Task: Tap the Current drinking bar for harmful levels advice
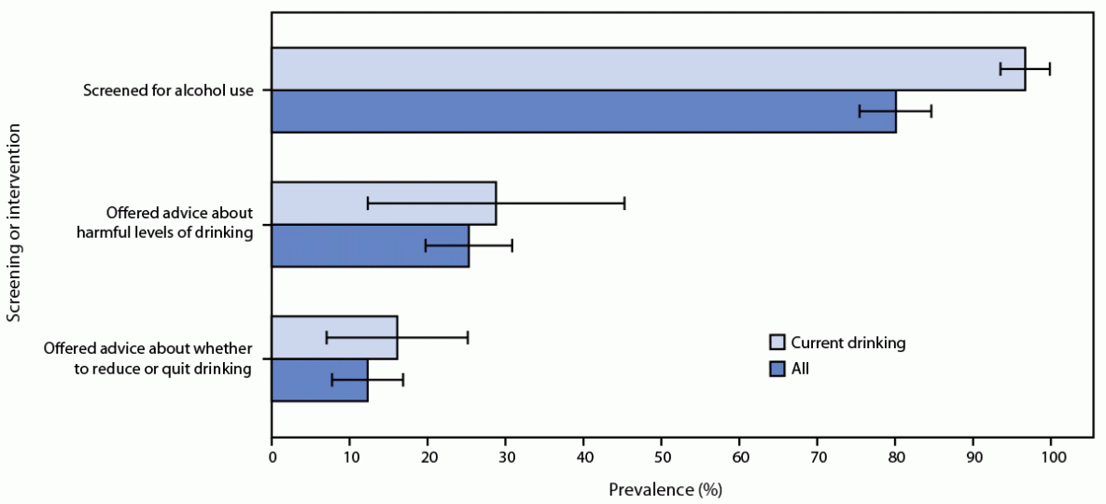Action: tap(384, 203)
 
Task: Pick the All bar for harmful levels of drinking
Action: tap(370, 245)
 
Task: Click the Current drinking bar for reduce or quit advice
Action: tap(334, 338)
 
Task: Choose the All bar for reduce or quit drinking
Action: tap(319, 380)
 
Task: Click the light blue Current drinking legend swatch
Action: tap(777, 343)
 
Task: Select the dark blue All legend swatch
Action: tap(777, 370)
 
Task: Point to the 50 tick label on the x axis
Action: tap(661, 457)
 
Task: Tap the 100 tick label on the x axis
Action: tap(1051, 457)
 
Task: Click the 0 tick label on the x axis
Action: tap(272, 457)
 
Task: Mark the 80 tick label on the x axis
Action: tap(895, 457)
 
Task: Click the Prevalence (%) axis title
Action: tap(665, 489)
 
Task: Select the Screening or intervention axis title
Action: tap(14, 225)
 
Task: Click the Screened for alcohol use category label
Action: tap(169, 91)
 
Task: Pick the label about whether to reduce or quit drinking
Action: tap(148, 358)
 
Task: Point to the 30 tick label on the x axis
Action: tap(505, 457)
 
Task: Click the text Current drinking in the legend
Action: tap(848, 343)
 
